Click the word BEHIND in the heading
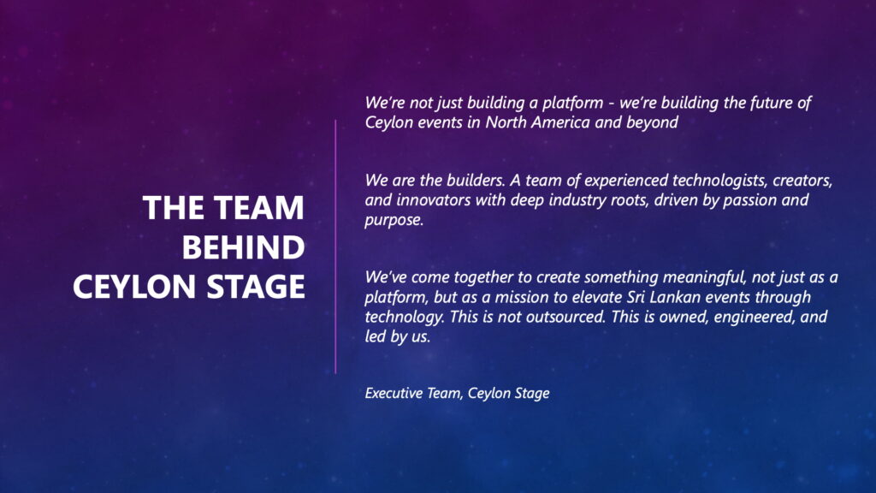tap(244, 247)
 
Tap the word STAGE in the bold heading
tap(255, 287)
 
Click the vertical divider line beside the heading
tap(335, 246)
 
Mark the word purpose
tap(394, 220)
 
